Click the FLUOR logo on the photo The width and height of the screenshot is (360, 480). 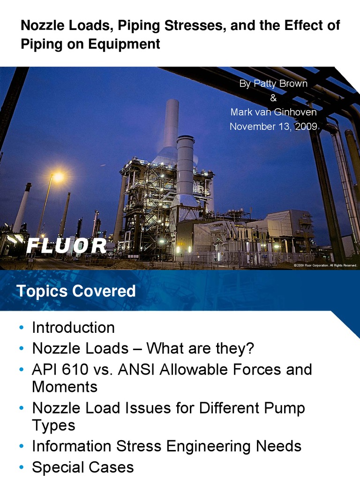(x=67, y=246)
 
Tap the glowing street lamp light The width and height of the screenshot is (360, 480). (x=58, y=177)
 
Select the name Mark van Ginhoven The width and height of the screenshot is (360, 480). (x=273, y=112)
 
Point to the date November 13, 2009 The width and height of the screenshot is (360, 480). (x=273, y=127)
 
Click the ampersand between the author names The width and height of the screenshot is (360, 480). (x=274, y=98)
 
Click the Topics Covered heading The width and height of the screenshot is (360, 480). (x=76, y=292)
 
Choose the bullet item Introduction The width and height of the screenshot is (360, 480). (x=73, y=327)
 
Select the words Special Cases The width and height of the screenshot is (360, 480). (x=82, y=467)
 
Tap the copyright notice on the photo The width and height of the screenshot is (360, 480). (x=325, y=265)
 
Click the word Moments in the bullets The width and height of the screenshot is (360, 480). (x=65, y=387)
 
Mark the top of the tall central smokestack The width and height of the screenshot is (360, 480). (x=172, y=101)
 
